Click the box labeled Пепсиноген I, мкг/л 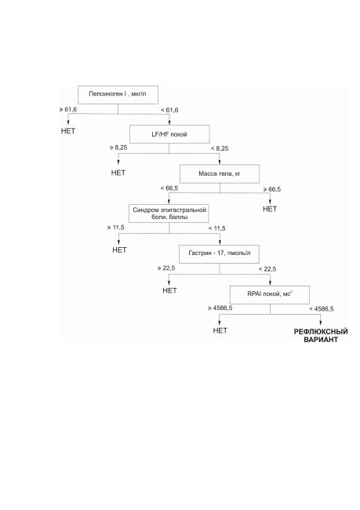[118, 95]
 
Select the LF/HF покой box [169, 134]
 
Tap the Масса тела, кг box [220, 173]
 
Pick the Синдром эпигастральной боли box [169, 213]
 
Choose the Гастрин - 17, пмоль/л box [219, 253]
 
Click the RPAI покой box [270, 295]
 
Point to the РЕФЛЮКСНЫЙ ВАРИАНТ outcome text [321, 336]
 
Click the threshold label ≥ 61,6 [68, 110]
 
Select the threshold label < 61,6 [169, 110]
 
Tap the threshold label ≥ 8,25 [118, 148]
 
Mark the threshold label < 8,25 [220, 148]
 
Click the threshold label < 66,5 [169, 188]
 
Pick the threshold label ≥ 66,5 [272, 189]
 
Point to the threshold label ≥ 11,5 [116, 228]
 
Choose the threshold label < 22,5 [267, 269]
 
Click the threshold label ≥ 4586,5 [220, 308]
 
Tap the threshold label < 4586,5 [322, 308]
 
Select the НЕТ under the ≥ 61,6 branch [68, 131]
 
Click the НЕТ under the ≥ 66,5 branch [270, 209]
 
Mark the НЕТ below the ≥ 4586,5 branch [220, 330]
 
